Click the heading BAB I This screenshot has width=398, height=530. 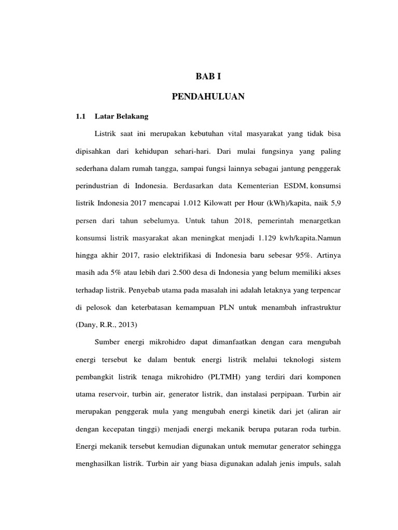(x=208, y=77)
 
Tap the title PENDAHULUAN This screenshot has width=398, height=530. (x=208, y=96)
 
